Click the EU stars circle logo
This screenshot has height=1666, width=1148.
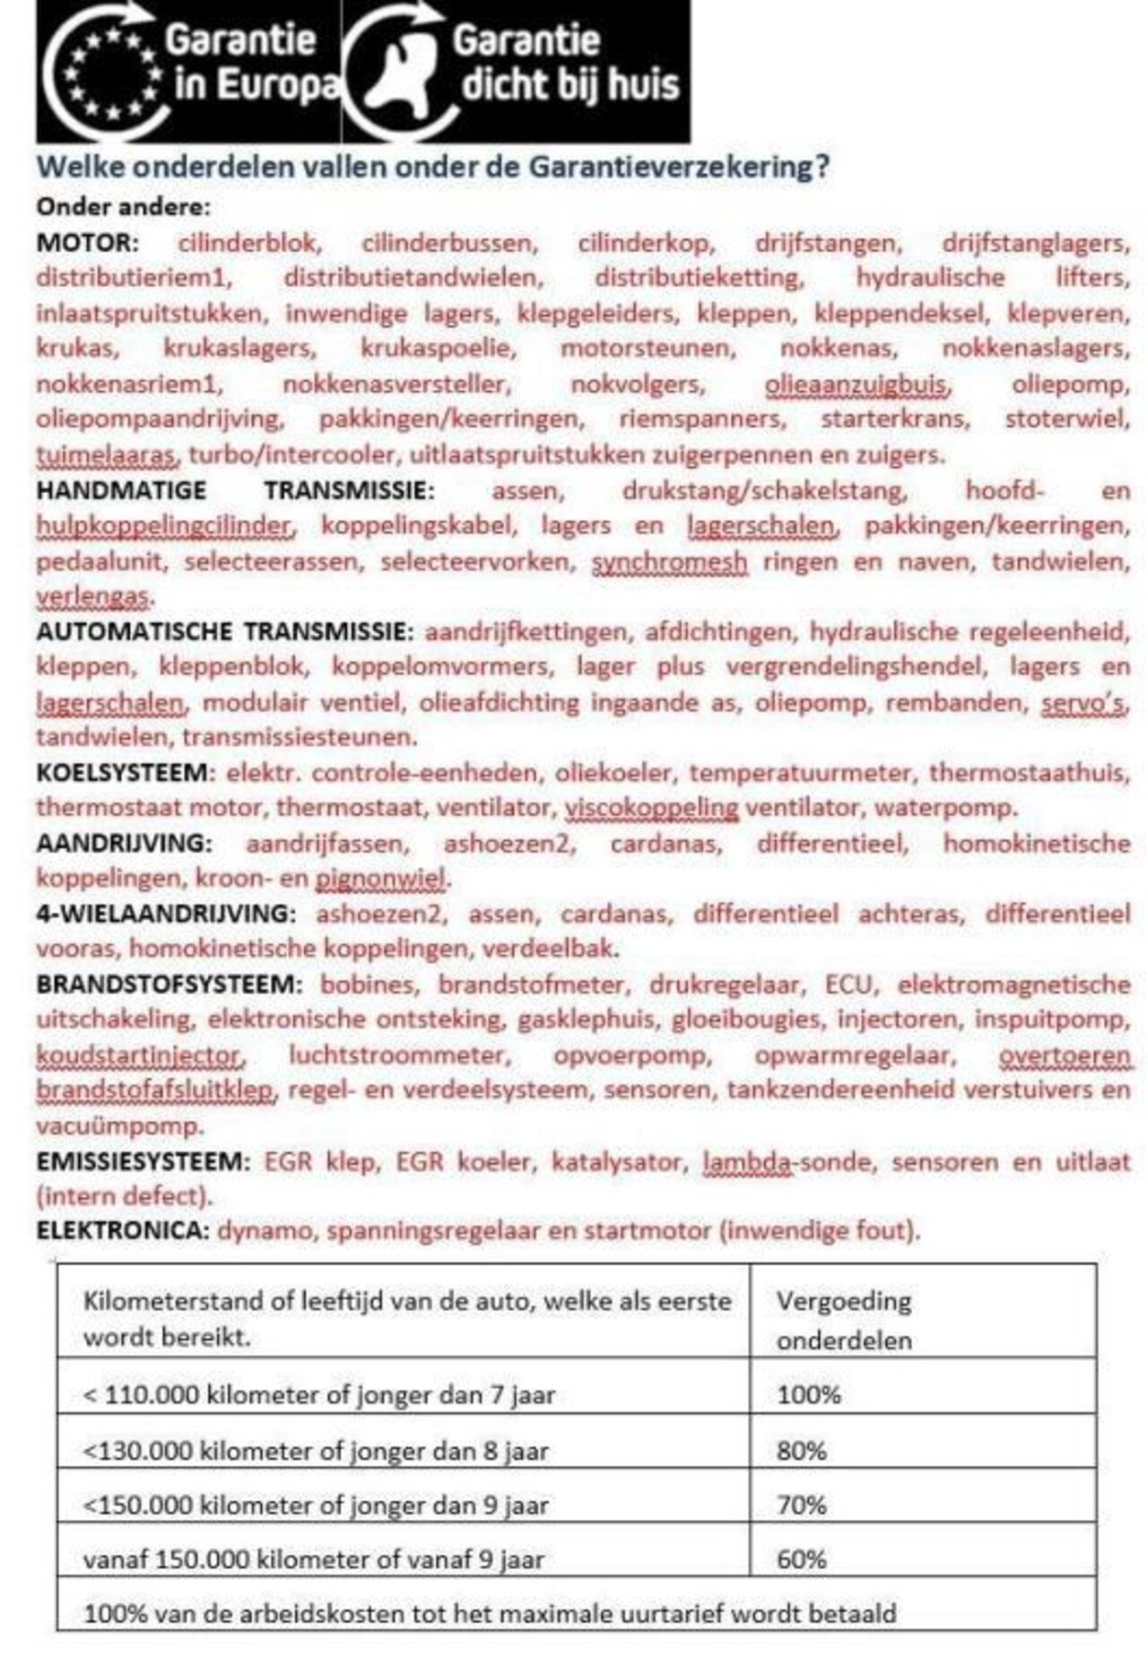pyautogui.click(x=108, y=72)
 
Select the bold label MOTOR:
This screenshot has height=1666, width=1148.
pyautogui.click(x=88, y=243)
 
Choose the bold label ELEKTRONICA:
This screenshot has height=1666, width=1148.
pyautogui.click(x=122, y=1230)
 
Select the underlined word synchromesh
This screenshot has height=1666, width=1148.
pyautogui.click(x=669, y=561)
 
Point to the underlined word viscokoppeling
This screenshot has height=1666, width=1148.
pyautogui.click(x=651, y=807)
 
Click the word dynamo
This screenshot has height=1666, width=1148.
pyautogui.click(x=265, y=1230)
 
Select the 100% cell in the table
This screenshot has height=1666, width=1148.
pyautogui.click(x=809, y=1394)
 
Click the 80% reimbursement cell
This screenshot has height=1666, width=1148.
pyautogui.click(x=802, y=1450)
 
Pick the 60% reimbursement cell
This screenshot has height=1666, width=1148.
pyautogui.click(x=802, y=1558)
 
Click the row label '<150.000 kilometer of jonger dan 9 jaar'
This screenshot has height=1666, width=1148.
pyautogui.click(x=316, y=1505)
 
